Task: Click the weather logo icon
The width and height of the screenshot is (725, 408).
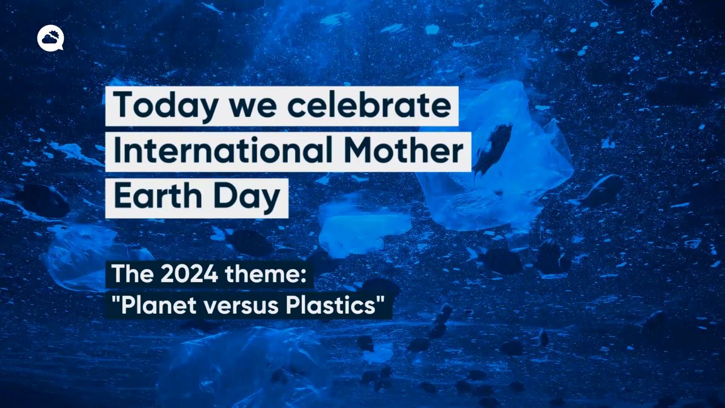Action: (x=50, y=39)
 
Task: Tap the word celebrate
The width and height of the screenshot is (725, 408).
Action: (x=369, y=104)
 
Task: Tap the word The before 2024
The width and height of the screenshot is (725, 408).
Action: (x=133, y=274)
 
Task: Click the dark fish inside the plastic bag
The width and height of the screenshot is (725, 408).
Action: (x=492, y=148)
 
